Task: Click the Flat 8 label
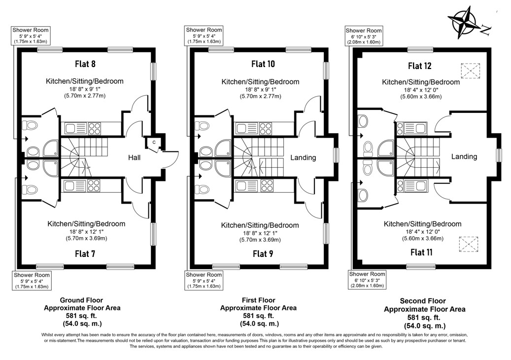coord(85,64)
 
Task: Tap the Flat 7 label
coord(85,254)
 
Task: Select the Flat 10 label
coord(263,64)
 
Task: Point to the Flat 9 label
coord(263,254)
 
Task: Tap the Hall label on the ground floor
coord(134,158)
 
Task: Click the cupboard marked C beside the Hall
coord(154,143)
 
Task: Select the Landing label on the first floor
coord(303,158)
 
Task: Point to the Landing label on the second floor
coord(464,157)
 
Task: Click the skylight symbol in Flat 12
coord(470,71)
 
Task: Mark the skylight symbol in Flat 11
coord(468,244)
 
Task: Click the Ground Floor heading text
coord(81,300)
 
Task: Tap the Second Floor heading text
coord(423,301)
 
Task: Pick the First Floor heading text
coord(259,300)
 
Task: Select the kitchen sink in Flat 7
coord(69,186)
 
